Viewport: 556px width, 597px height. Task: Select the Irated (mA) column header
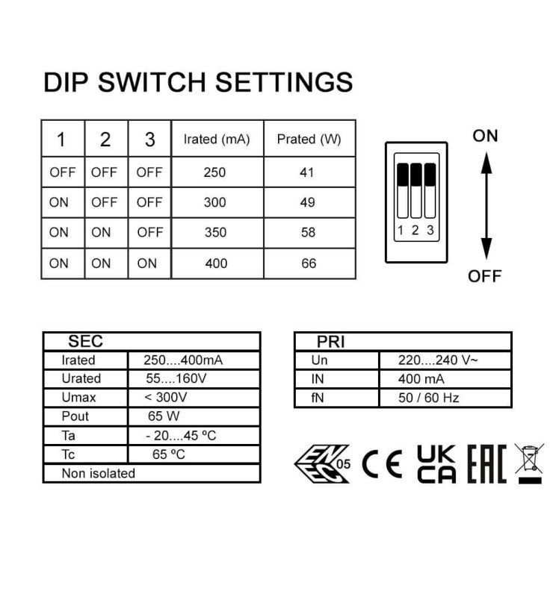point(217,139)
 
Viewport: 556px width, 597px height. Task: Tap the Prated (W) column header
point(309,139)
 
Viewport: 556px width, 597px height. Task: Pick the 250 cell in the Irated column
point(214,172)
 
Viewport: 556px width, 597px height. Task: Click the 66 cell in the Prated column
point(309,263)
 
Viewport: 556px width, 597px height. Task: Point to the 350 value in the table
point(215,232)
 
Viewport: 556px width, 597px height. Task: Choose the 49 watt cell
point(307,202)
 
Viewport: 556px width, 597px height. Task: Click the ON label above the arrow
point(485,136)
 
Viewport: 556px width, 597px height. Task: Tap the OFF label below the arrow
point(485,276)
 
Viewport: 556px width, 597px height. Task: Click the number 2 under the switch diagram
point(416,230)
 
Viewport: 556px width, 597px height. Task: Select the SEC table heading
point(85,341)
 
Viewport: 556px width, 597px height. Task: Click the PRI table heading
point(330,342)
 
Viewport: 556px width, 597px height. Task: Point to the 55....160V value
point(176,378)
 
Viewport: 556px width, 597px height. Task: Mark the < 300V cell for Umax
point(165,397)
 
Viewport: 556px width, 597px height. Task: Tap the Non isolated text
point(99,473)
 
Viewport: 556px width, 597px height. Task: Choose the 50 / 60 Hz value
point(428,398)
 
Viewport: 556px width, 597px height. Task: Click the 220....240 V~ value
point(437,360)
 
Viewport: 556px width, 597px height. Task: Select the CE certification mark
point(382,464)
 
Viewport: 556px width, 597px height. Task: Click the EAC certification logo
point(487,463)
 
